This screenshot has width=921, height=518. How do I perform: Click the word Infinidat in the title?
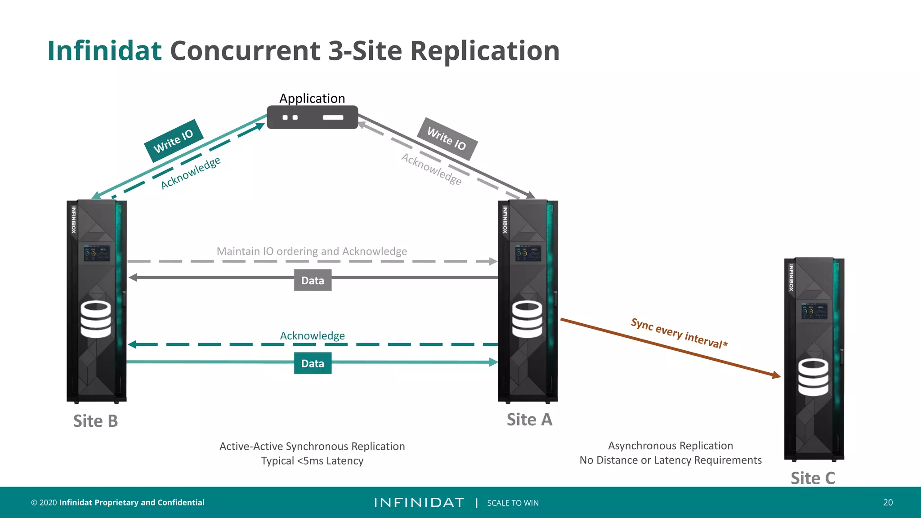coord(104,50)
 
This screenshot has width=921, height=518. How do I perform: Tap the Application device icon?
coord(312,117)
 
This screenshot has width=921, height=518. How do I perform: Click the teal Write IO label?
coord(173,140)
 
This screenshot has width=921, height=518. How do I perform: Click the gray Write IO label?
coord(447,138)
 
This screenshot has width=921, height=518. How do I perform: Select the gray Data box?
coord(313,280)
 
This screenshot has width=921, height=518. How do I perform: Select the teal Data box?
coord(313,363)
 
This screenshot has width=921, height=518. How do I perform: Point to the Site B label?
coord(95,421)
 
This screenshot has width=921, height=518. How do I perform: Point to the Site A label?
coord(529,420)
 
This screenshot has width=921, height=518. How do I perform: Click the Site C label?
coord(813,478)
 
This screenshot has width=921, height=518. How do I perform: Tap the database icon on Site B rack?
coord(96,319)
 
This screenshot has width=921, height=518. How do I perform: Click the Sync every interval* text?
coord(679,333)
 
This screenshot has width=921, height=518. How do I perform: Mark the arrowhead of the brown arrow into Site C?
coord(777,375)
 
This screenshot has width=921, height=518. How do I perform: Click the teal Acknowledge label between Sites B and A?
coord(312,335)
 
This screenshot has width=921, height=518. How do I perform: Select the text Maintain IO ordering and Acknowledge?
coord(312,251)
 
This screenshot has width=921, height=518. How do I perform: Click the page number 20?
coord(888,502)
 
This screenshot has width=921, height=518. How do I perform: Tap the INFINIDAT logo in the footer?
coord(419,502)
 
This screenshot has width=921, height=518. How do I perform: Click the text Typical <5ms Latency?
coord(312,461)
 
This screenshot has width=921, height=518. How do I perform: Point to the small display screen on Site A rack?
coord(528,254)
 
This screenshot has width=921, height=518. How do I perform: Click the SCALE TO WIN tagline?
coord(513,503)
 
